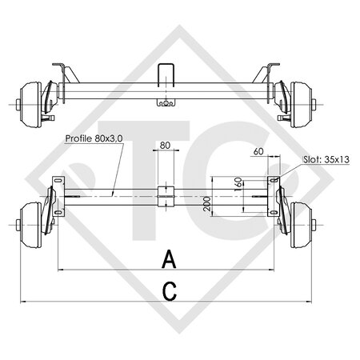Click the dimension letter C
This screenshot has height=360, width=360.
point(169,292)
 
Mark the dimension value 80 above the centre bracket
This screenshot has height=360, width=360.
point(165,146)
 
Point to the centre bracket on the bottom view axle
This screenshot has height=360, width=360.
point(166,194)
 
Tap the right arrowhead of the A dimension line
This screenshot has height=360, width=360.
point(277,270)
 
